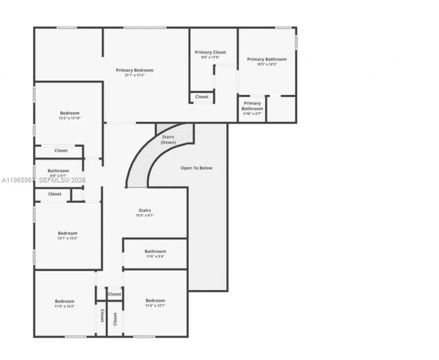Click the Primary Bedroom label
pyautogui.click(x=134, y=70)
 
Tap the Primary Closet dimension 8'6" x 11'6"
pyautogui.click(x=210, y=57)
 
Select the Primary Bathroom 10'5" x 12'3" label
pyautogui.click(x=267, y=62)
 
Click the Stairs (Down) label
pyautogui.click(x=168, y=140)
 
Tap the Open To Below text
pyautogui.click(x=197, y=168)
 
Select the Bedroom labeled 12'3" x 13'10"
pyautogui.click(x=70, y=115)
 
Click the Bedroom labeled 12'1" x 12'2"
pyautogui.click(x=68, y=236)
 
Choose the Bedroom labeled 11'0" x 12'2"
pyautogui.click(x=64, y=303)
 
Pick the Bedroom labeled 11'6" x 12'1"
pyautogui.click(x=155, y=303)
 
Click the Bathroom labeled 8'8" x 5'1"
pyautogui.click(x=58, y=173)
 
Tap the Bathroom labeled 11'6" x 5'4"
pyautogui.click(x=155, y=253)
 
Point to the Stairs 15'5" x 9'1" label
pyautogui.click(x=144, y=213)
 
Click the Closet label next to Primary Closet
pyautogui.click(x=202, y=97)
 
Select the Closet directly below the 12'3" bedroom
pyautogui.click(x=61, y=151)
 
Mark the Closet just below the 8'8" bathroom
pyautogui.click(x=55, y=194)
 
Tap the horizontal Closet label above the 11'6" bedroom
pyautogui.click(x=114, y=294)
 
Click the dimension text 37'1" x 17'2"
pyautogui.click(x=134, y=75)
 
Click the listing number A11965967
pyautogui.click(x=18, y=180)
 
